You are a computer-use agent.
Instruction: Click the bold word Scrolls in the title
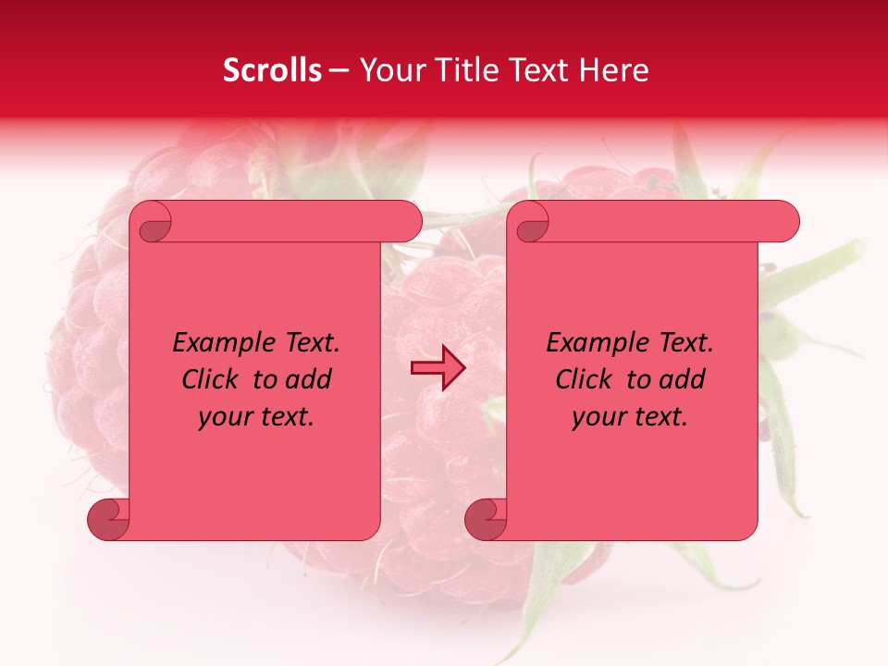pos(273,70)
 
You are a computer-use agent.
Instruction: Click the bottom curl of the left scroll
pos(108,519)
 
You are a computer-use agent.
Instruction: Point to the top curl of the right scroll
pos(532,223)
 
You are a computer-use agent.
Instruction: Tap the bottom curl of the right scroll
pos(486,519)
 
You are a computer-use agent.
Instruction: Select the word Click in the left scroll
pos(211,380)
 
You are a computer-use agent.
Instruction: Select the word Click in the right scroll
pos(585,380)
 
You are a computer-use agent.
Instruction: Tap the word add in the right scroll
pos(684,380)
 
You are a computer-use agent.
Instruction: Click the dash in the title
pos(339,70)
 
